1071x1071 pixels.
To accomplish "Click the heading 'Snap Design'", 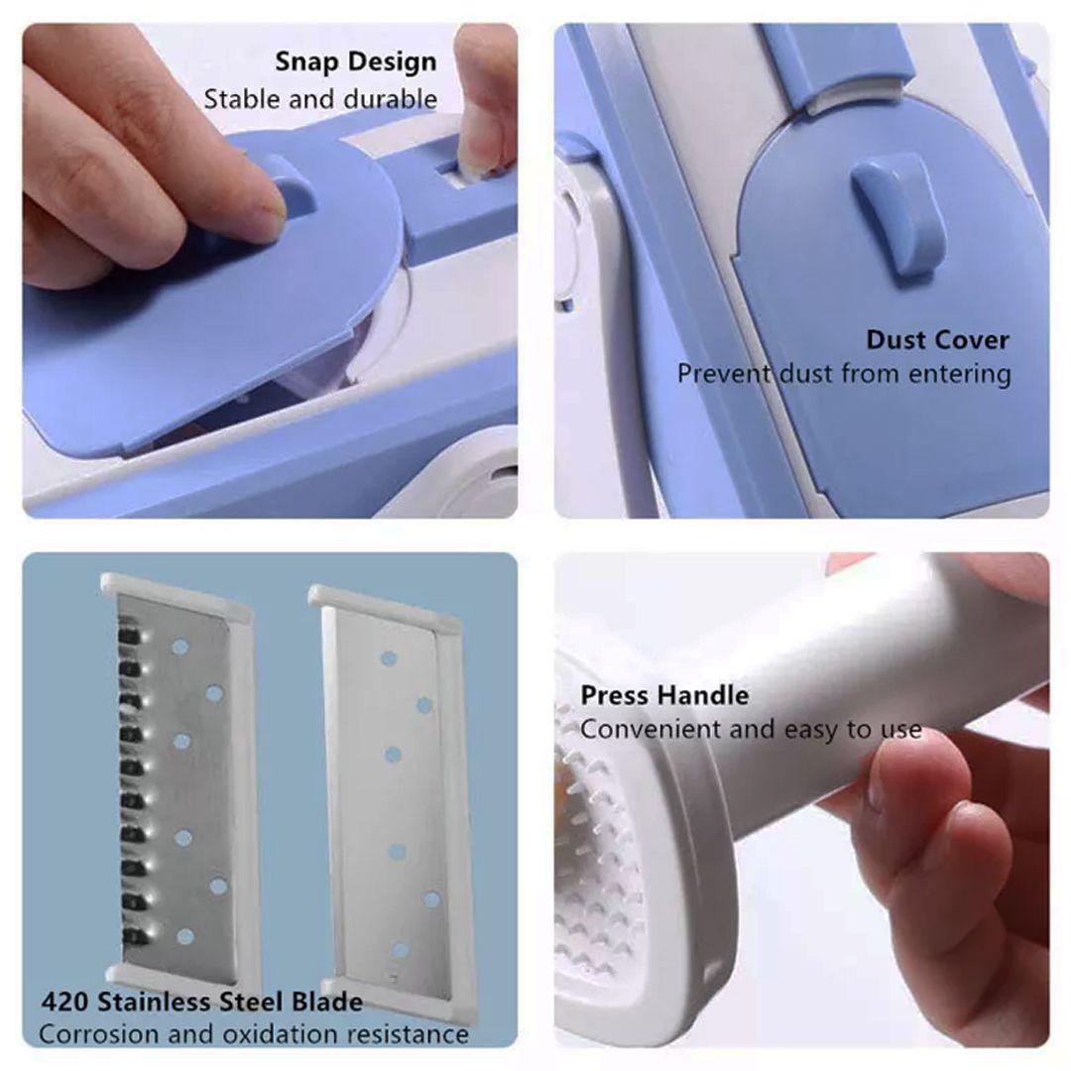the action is tap(356, 62).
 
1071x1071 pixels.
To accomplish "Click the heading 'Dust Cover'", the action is tap(937, 339).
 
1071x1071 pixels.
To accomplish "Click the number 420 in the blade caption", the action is tap(64, 1002).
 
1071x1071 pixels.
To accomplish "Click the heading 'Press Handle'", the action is tap(663, 695).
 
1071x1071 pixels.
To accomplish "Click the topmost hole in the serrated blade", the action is tap(180, 647).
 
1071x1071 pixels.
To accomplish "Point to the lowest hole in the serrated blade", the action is tap(184, 936).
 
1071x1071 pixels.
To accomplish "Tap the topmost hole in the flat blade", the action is tap(389, 659).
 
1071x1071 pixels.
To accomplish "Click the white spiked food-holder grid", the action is tap(598, 868).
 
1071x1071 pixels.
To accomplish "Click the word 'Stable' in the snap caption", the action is tap(242, 100).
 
